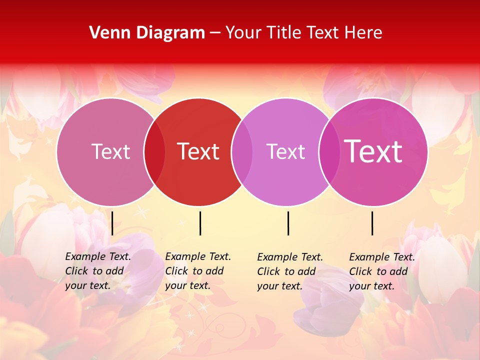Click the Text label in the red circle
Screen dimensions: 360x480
pyautogui.click(x=198, y=151)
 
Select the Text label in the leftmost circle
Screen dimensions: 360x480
pyautogui.click(x=110, y=151)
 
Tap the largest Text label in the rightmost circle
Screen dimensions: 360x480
pyautogui.click(x=373, y=151)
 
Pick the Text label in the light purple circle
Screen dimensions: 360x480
pyautogui.click(x=285, y=151)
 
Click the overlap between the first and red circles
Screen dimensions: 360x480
pyautogui.click(x=154, y=152)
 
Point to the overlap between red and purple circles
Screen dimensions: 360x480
pyautogui.click(x=242, y=152)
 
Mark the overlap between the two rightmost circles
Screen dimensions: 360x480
pyautogui.click(x=329, y=152)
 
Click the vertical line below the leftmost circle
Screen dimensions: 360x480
pyautogui.click(x=112, y=223)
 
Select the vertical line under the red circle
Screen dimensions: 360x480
pyautogui.click(x=200, y=223)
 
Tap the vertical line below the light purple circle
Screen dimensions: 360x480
pyautogui.click(x=288, y=223)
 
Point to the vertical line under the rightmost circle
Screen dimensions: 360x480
pyautogui.click(x=372, y=223)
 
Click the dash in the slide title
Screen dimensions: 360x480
pyautogui.click(x=215, y=33)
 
